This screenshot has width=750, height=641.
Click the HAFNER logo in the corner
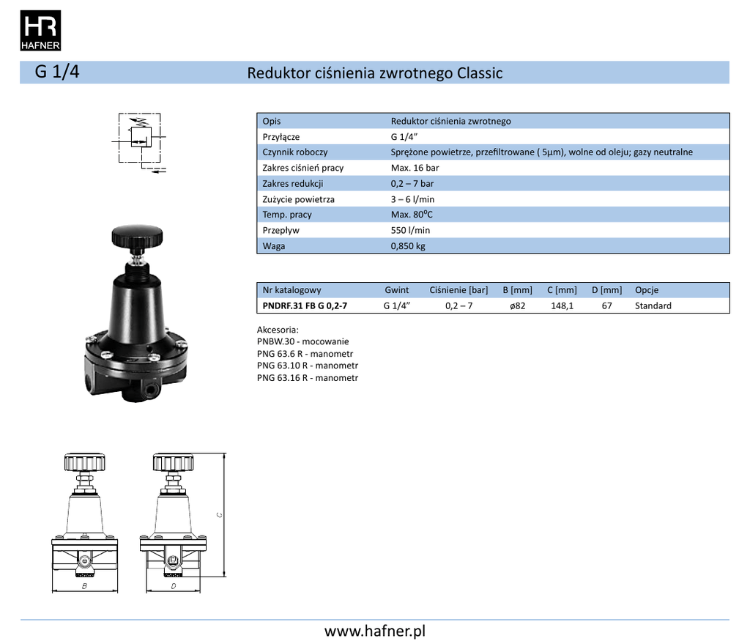(40, 30)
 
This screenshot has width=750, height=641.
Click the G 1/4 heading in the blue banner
(57, 72)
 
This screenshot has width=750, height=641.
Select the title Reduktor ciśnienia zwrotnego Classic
(374, 73)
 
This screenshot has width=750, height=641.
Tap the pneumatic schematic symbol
(139, 143)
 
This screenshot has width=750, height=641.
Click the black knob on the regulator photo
(137, 236)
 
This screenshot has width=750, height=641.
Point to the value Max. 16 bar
(415, 168)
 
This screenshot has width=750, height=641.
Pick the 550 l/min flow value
(410, 230)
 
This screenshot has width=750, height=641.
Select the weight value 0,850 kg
(408, 246)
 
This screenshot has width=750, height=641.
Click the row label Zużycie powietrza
(299, 199)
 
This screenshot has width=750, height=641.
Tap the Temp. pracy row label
(287, 215)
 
